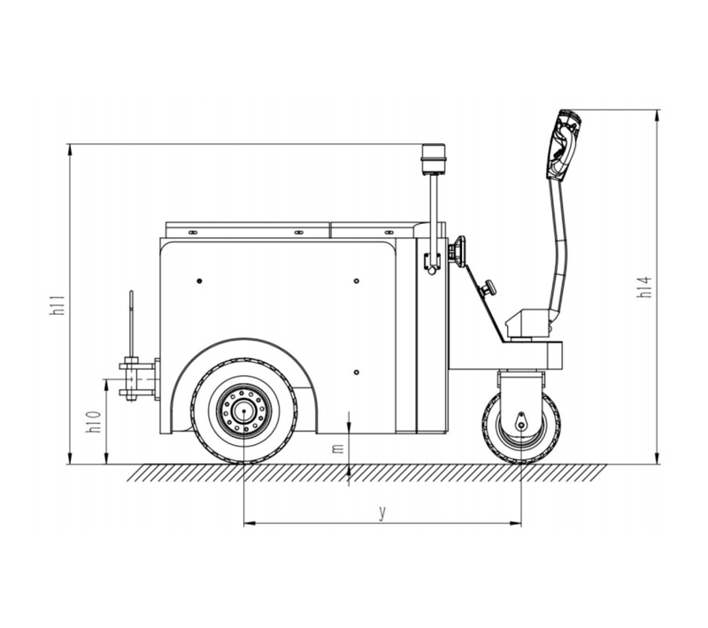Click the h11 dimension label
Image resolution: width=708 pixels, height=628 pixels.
(x=58, y=304)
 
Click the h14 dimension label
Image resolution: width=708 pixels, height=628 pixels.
(x=644, y=287)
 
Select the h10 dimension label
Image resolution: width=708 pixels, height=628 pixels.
(x=95, y=421)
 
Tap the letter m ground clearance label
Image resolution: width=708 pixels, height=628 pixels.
(x=338, y=448)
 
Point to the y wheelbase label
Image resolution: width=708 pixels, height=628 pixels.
(x=382, y=512)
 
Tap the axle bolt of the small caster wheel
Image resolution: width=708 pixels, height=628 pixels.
(x=521, y=425)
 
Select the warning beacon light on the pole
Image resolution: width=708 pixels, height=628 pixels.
(x=433, y=160)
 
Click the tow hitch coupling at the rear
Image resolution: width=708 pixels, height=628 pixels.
(x=139, y=379)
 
